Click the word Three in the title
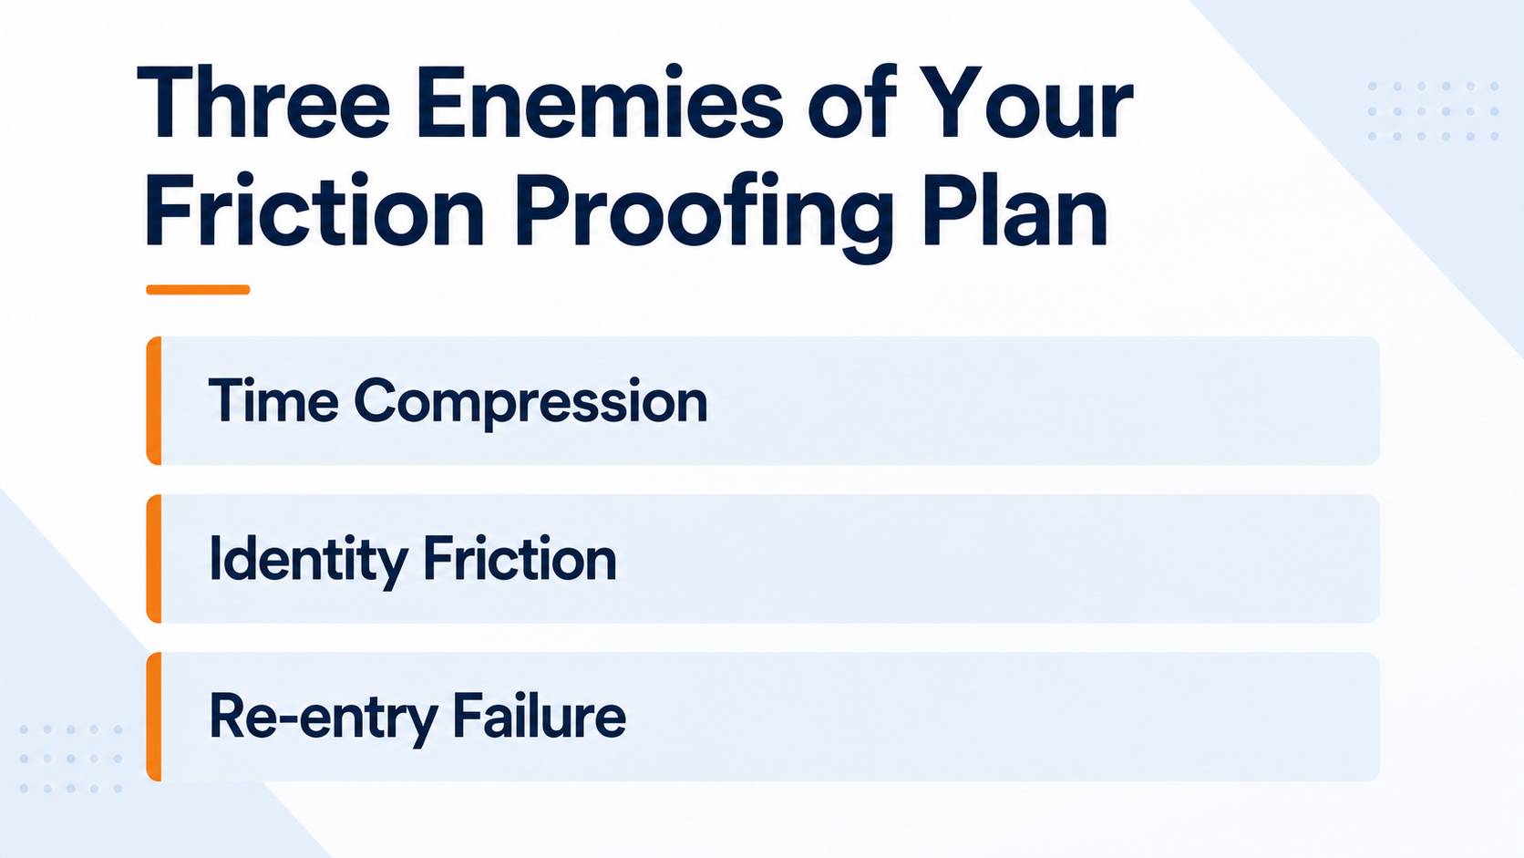[263, 102]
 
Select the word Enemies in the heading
[600, 102]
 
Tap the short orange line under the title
[198, 289]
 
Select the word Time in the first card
[273, 400]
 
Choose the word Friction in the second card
[520, 558]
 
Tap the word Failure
[539, 715]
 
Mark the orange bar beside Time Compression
[154, 401]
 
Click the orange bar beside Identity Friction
[154, 559]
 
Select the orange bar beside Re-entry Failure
[154, 717]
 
